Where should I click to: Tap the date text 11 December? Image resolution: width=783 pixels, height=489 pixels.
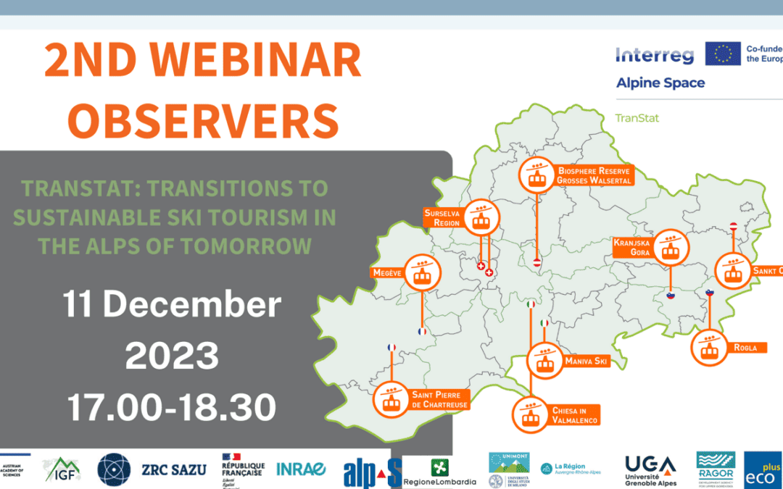(172, 305)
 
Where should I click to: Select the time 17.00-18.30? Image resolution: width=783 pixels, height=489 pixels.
(172, 407)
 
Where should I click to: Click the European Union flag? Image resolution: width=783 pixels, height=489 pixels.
(722, 54)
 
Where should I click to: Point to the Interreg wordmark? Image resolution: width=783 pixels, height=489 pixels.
(655, 55)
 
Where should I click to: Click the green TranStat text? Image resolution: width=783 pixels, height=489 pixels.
(637, 117)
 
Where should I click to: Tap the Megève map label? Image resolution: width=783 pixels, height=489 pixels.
(386, 273)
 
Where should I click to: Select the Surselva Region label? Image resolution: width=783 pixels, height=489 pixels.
(442, 218)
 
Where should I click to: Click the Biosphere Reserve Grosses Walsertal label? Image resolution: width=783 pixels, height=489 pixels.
(594, 175)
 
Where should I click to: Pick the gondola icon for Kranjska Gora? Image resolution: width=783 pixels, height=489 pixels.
(670, 248)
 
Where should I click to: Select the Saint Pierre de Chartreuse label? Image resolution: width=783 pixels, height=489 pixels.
(439, 399)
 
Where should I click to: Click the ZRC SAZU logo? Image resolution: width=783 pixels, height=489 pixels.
(174, 469)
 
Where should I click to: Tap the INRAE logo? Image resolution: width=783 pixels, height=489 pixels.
(301, 469)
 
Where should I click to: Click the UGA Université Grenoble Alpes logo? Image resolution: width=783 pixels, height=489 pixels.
(650, 470)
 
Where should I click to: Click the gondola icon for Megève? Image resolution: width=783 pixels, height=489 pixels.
(420, 273)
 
